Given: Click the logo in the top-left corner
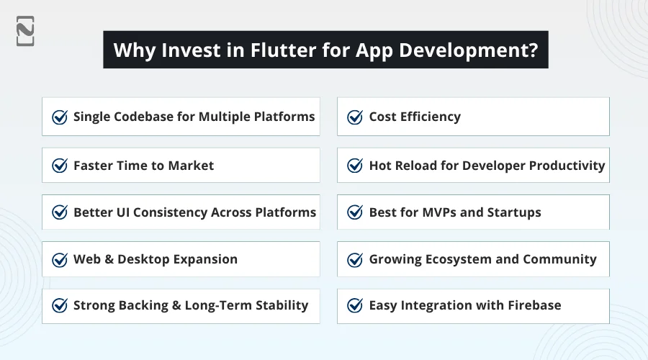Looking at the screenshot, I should [x=25, y=31].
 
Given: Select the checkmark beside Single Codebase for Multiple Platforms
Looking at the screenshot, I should [x=60, y=117].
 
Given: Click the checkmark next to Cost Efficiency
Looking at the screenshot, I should [x=355, y=117].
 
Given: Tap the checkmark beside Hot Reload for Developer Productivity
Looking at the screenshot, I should [x=355, y=166].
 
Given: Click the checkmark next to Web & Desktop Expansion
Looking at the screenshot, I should [x=60, y=259].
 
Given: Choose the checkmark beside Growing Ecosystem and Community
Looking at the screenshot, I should [x=355, y=259].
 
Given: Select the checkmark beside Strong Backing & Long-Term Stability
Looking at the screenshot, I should [x=60, y=305].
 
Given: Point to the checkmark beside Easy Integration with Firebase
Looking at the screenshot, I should [x=355, y=305].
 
